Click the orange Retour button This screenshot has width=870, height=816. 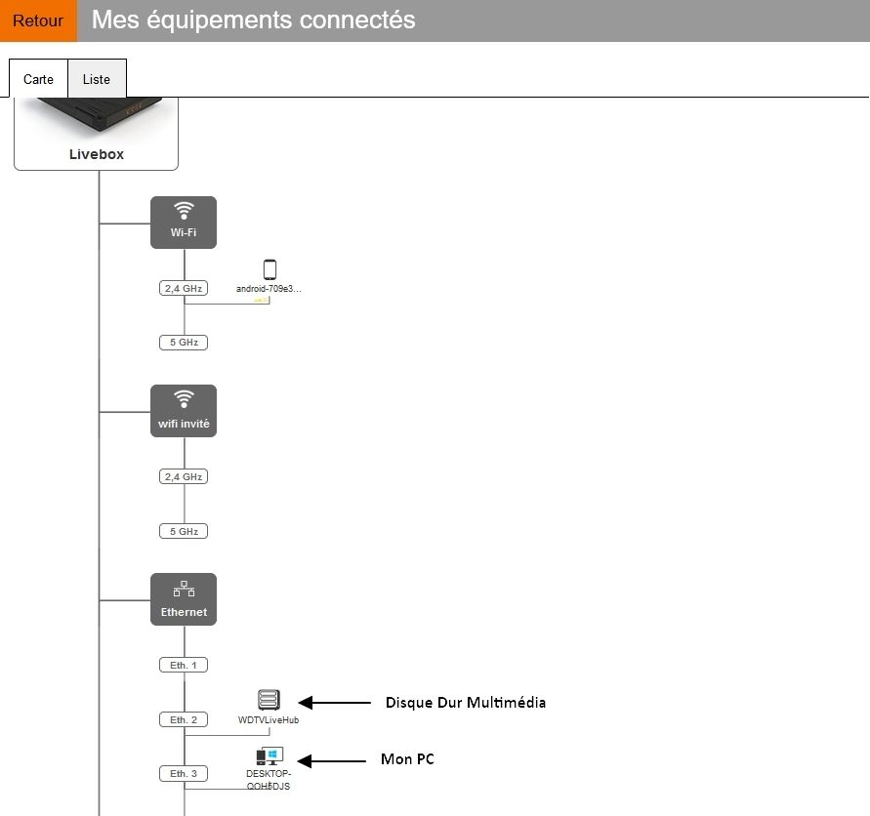(x=38, y=20)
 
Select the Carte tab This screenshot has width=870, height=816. (x=38, y=79)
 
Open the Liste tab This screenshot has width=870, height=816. (x=97, y=79)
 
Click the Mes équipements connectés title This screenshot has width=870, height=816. (x=253, y=20)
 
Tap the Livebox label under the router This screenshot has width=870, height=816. (x=97, y=154)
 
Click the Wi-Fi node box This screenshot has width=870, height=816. (x=184, y=223)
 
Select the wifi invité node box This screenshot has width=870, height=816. (x=184, y=411)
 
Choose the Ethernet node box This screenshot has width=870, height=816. (x=184, y=599)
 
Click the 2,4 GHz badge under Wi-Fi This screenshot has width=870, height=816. (x=184, y=288)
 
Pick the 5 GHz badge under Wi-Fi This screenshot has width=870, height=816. (x=184, y=343)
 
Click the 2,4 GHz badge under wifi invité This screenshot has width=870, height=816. (x=184, y=476)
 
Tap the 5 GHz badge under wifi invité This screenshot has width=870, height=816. (x=184, y=531)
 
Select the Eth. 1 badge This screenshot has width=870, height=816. (x=184, y=665)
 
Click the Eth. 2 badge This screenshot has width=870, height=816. (x=184, y=719)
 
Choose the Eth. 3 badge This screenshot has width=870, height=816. (x=184, y=773)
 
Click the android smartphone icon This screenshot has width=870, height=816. (x=269, y=270)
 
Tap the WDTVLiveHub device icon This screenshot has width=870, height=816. (x=269, y=700)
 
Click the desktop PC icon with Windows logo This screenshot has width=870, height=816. (x=269, y=756)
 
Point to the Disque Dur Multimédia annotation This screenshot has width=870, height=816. (x=465, y=702)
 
